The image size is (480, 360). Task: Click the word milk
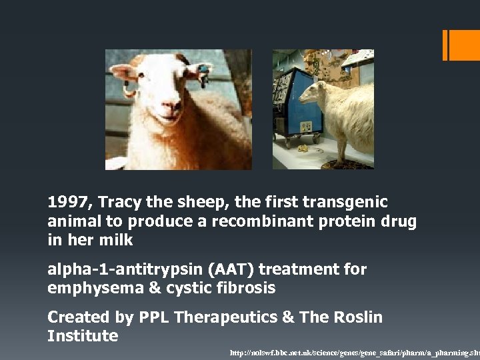(x=116, y=240)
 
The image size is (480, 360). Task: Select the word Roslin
(x=357, y=317)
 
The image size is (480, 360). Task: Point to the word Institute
(x=83, y=336)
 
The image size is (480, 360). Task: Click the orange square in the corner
(x=464, y=45)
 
